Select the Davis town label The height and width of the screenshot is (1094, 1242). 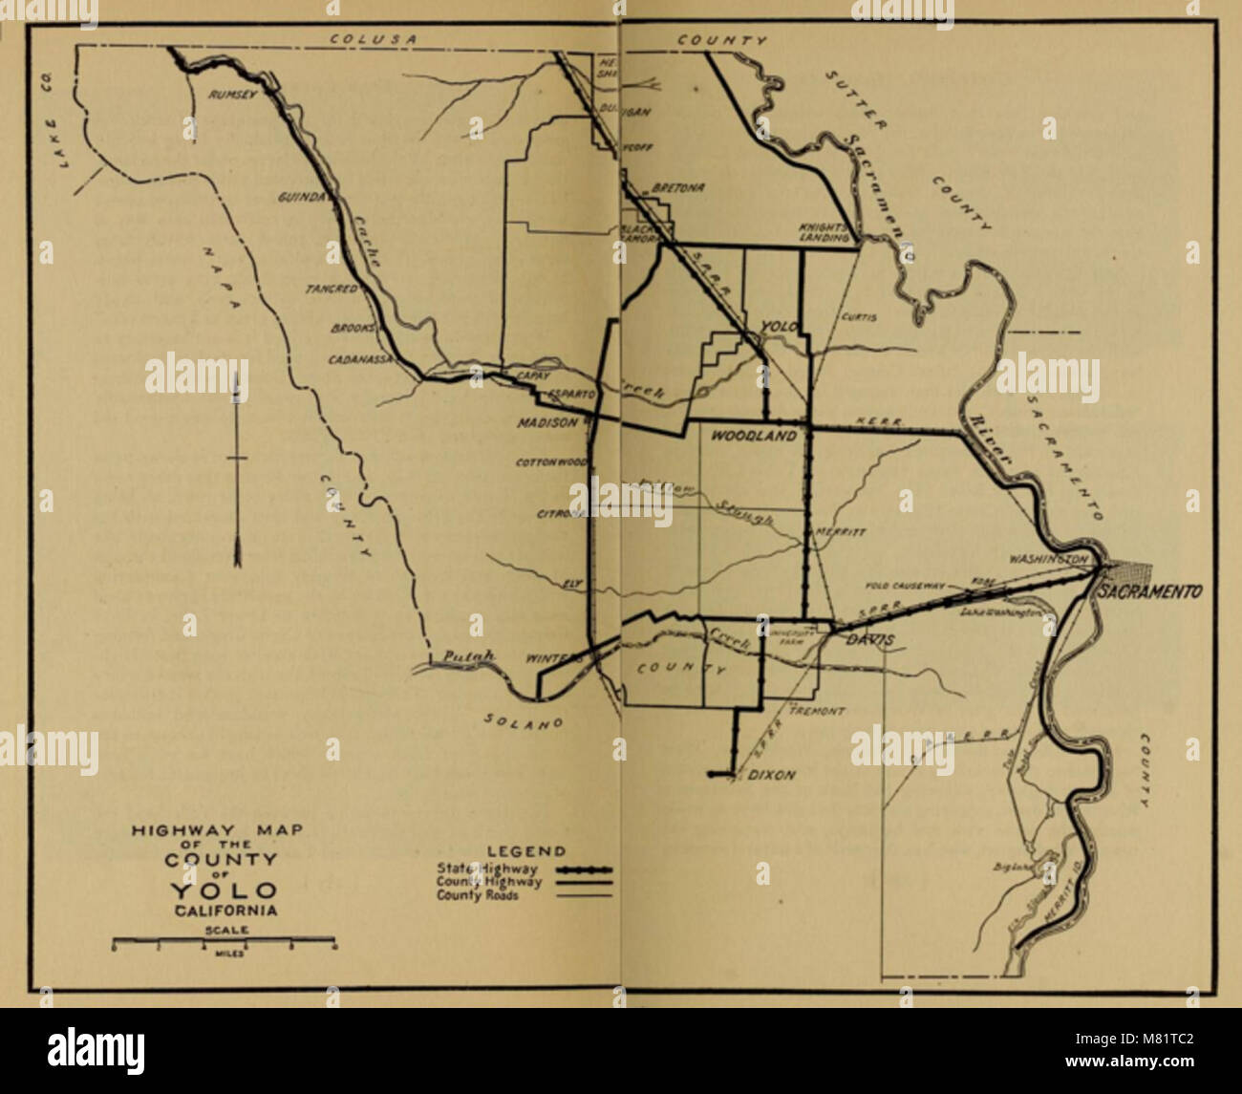pos(869,640)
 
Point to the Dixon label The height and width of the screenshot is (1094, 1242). pos(771,775)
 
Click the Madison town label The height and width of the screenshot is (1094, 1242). pos(548,422)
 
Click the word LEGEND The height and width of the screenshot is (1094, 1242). pos(526,850)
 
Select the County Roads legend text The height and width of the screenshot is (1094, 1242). pos(478,895)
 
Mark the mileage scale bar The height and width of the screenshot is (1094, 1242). pos(224,943)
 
